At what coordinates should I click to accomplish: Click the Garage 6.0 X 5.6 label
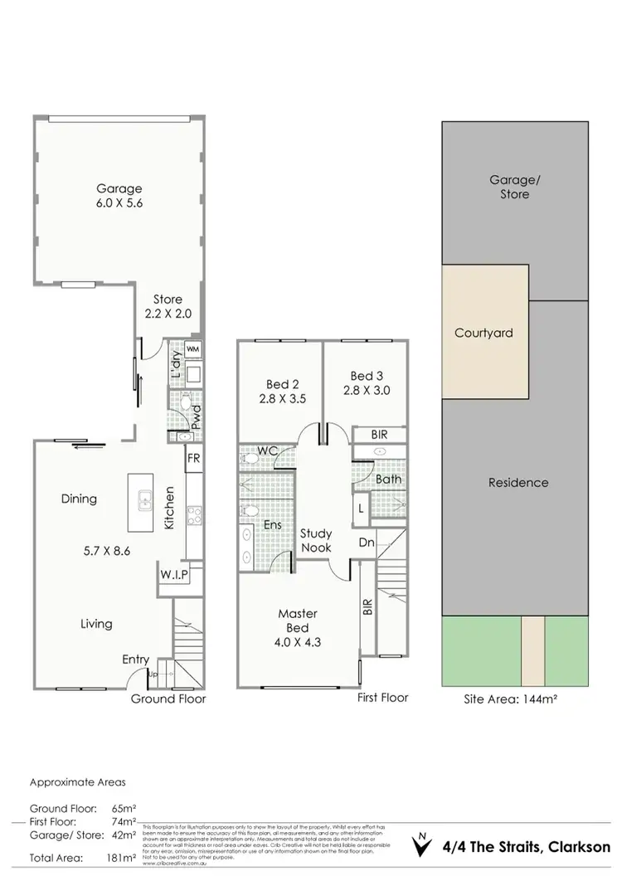point(118,196)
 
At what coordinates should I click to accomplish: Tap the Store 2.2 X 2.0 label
point(168,306)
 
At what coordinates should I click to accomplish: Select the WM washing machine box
point(192,350)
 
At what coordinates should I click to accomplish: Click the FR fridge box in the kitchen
point(192,458)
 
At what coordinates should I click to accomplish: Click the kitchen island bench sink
point(143,501)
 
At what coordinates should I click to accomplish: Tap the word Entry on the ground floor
point(136,660)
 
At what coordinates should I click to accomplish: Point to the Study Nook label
point(316,541)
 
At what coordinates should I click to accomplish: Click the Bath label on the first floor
point(388,479)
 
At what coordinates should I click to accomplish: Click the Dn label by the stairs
point(367,543)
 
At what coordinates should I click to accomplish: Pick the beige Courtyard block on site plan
point(484,332)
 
